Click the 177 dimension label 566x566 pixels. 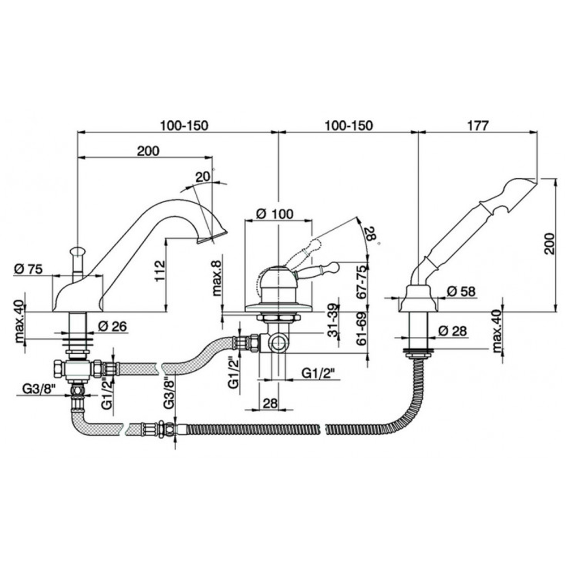pos(478,126)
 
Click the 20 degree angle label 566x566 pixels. pos(202,177)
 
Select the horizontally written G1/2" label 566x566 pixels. pos(319,373)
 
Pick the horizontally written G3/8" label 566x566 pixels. pos(38,389)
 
